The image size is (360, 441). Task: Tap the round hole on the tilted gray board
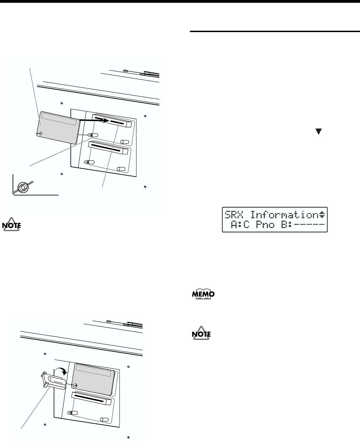click(41, 133)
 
